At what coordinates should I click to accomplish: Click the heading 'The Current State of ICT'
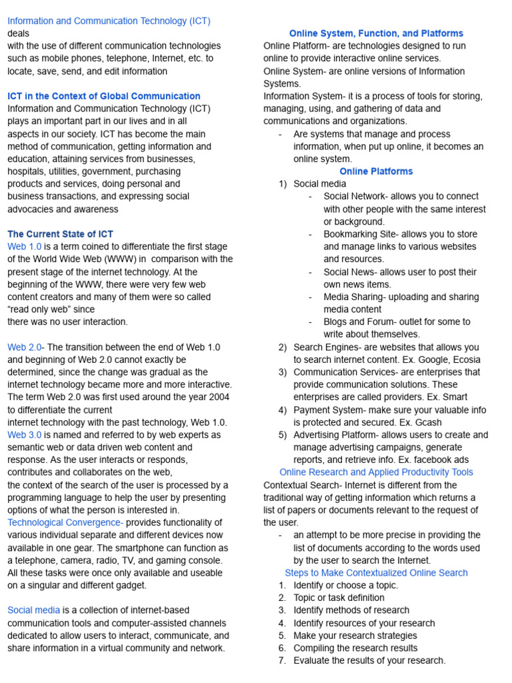(60, 234)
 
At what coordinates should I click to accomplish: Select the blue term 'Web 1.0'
(24, 247)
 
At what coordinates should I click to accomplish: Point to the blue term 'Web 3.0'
(24, 435)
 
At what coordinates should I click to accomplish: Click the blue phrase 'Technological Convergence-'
(65, 522)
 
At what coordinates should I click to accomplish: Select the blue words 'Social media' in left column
(33, 610)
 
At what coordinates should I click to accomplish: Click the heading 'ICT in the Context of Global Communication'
(103, 96)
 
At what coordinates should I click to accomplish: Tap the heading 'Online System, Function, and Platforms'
(376, 33)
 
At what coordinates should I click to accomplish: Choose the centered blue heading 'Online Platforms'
(376, 171)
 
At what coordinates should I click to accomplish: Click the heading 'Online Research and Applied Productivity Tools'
(376, 472)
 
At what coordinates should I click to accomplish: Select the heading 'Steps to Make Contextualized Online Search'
(376, 573)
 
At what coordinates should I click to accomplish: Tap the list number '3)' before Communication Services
(283, 372)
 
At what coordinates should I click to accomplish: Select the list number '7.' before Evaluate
(283, 660)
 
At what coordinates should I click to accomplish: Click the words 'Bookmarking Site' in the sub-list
(357, 234)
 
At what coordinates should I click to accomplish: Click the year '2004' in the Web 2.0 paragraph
(221, 397)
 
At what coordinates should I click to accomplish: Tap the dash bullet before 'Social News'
(311, 272)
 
